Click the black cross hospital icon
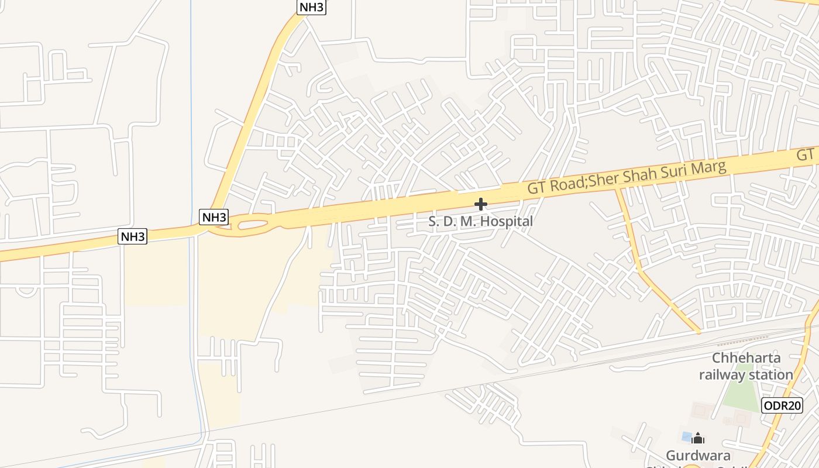(480, 204)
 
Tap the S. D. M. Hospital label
(480, 222)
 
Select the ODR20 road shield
(782, 405)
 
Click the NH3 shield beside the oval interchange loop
(214, 217)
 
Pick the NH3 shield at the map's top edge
(311, 7)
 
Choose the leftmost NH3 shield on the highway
(133, 236)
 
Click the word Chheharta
(746, 358)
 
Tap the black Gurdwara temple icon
(697, 438)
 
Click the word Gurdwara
(698, 455)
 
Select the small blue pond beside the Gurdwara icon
(686, 436)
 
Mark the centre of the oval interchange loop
(252, 223)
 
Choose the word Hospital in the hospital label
(505, 222)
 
